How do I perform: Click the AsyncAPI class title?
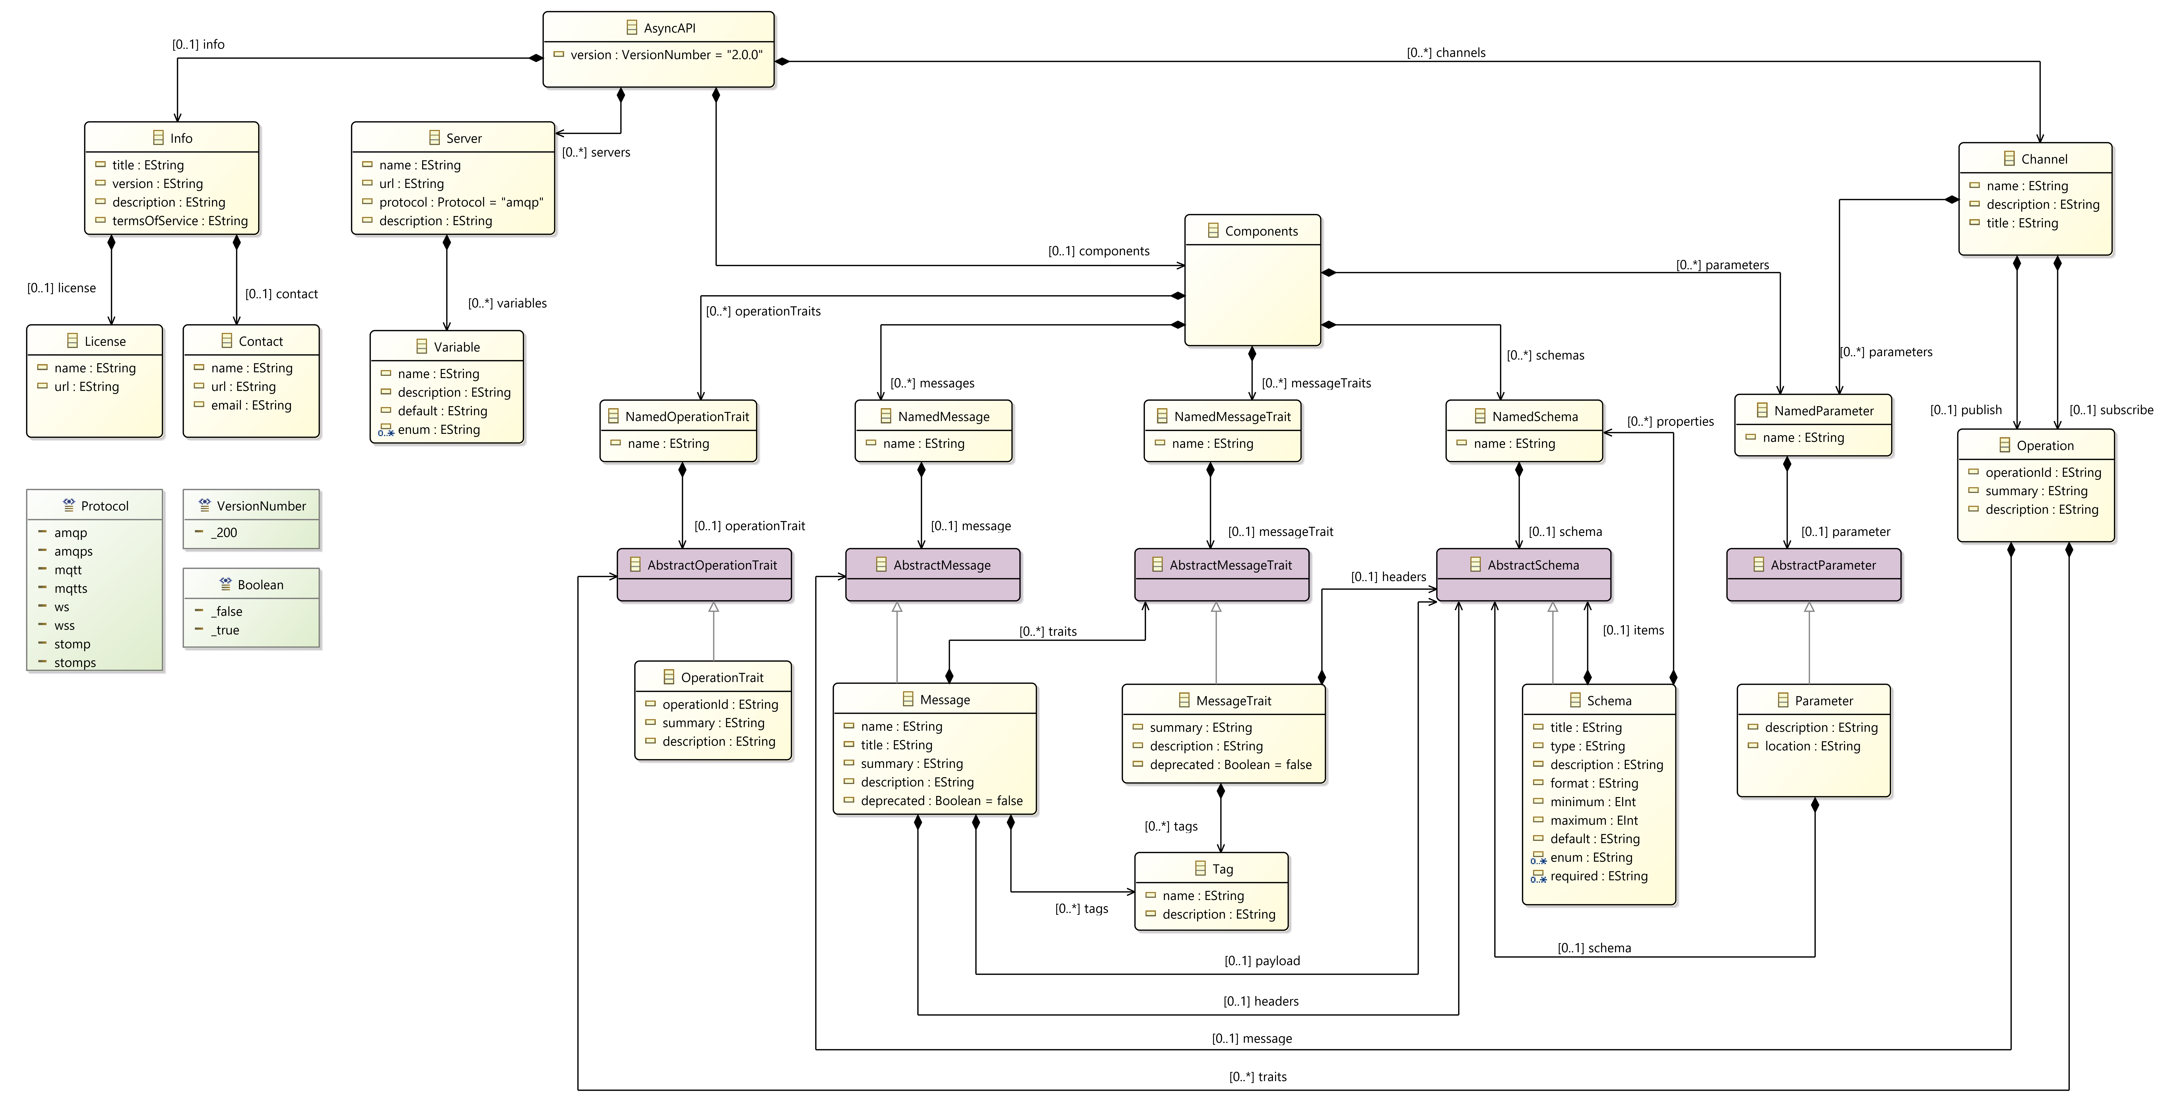point(669,28)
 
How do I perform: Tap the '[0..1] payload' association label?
point(1262,960)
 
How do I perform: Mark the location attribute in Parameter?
point(1812,746)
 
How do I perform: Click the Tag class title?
point(1222,869)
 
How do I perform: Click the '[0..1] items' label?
point(1633,630)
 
